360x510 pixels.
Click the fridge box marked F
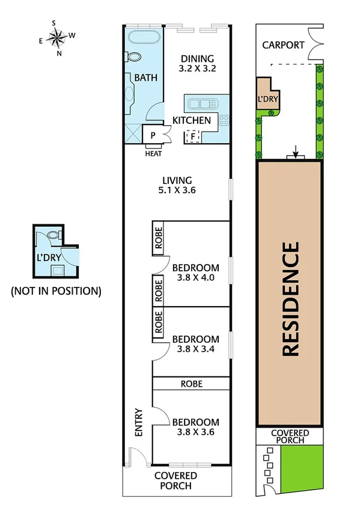click(193, 137)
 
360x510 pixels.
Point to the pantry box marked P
click(153, 135)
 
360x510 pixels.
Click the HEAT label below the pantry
click(153, 153)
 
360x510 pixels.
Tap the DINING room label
click(198, 58)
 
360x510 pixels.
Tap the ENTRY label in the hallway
click(139, 423)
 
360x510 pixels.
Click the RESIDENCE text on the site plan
click(290, 299)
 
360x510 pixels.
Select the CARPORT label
click(283, 46)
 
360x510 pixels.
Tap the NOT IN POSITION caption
click(55, 291)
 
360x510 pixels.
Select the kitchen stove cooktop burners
click(224, 120)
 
